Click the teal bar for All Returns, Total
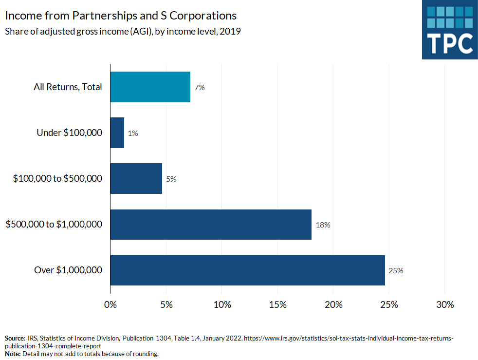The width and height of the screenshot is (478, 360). pos(150,87)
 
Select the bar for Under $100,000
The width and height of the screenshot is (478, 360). pos(117,133)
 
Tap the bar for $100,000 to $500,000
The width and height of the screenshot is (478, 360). pos(136,178)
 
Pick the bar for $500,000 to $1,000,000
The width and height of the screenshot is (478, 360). pos(211,225)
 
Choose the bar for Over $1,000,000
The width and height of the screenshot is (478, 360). pos(247,270)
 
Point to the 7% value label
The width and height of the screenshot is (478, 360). pos(199,87)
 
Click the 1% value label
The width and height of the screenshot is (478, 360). pos(132,133)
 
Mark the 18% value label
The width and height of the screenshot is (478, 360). pos(323,225)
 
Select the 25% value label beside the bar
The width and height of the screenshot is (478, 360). pos(396,271)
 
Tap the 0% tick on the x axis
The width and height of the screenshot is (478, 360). pos(110,304)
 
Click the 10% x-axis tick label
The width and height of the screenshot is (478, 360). pos(221,304)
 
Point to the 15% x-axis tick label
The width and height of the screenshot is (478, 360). pos(277,304)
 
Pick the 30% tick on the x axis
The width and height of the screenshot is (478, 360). pos(444,304)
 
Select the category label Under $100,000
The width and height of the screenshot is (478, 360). pos(70,133)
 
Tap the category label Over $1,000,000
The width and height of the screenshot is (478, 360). pos(68,270)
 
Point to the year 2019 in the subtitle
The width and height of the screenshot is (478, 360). pos(232,32)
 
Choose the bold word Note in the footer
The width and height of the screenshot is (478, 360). pos(13,354)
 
